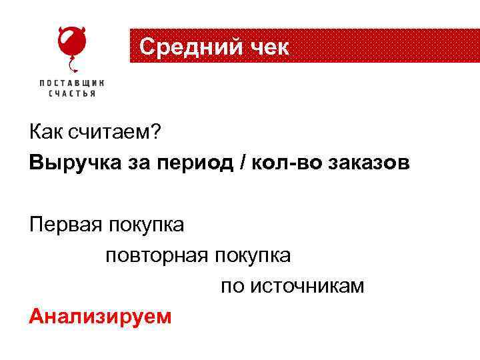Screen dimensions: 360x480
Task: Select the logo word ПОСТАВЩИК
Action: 71,83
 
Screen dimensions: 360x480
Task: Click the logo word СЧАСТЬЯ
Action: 71,94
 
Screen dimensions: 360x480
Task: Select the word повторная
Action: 157,256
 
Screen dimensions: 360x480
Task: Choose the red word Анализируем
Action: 100,317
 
